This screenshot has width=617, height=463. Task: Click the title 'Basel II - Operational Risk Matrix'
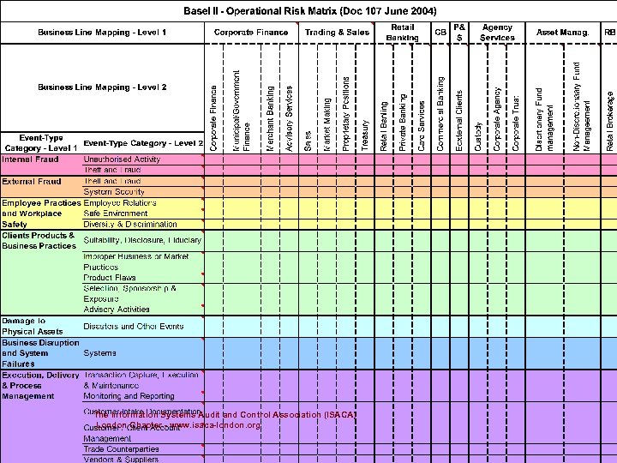[x=311, y=11]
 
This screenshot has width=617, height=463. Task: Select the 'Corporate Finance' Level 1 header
[x=251, y=32]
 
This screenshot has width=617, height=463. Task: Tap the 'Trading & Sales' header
[x=337, y=32]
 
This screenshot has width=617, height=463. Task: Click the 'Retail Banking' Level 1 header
[x=402, y=33]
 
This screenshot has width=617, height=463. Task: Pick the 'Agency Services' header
[x=497, y=33]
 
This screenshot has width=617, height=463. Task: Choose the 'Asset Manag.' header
[x=562, y=32]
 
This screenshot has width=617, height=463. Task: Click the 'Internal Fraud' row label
[x=31, y=159]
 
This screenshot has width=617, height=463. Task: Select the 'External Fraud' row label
[x=31, y=182]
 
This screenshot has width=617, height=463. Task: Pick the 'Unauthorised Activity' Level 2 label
[x=122, y=159]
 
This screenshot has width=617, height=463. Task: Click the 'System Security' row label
[x=114, y=192]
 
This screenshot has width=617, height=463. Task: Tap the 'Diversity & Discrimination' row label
[x=130, y=224]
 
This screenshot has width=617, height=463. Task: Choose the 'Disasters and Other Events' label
[x=133, y=326]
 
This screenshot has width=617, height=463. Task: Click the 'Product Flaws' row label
[x=110, y=278]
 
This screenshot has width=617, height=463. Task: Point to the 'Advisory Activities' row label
[x=117, y=310]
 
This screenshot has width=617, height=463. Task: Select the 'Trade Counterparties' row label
[x=121, y=448]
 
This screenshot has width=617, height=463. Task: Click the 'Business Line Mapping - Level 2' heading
[x=102, y=87]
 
